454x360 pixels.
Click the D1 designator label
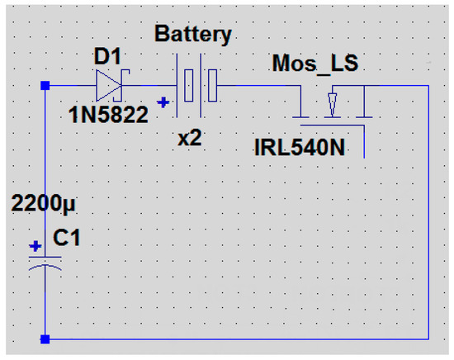click(x=107, y=56)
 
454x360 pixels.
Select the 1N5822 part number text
click(x=108, y=115)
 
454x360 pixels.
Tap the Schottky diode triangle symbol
click(x=109, y=86)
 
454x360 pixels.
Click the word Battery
click(x=193, y=35)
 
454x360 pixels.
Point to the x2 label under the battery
click(x=190, y=138)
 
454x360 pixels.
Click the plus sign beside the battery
click(x=163, y=102)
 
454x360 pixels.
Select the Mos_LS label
click(x=315, y=64)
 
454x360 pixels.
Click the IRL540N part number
click(x=300, y=148)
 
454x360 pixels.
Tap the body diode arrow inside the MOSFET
click(x=333, y=104)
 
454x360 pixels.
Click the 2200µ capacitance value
click(x=43, y=203)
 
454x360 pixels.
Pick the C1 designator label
click(x=66, y=238)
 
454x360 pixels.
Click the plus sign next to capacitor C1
click(x=35, y=247)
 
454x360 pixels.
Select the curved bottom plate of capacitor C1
click(x=45, y=267)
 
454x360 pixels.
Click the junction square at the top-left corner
click(x=45, y=86)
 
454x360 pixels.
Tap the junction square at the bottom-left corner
click(x=45, y=339)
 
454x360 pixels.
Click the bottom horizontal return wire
click(x=237, y=339)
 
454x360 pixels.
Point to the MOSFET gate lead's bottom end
click(x=364, y=158)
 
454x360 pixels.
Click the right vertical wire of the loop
click(x=428, y=212)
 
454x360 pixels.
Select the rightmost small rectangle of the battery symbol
click(x=213, y=85)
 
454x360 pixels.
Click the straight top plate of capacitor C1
click(x=45, y=257)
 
